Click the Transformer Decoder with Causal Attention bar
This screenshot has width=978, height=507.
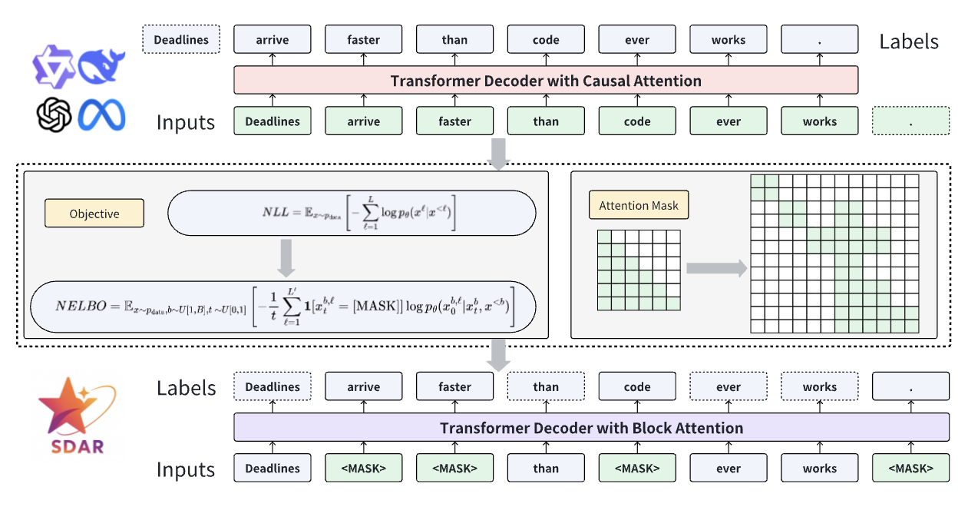tap(545, 81)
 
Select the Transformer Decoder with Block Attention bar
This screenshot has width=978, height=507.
tap(591, 428)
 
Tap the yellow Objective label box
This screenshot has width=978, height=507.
tap(94, 214)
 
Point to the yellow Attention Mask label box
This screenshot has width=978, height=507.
tap(639, 206)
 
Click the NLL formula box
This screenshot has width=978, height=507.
tap(352, 213)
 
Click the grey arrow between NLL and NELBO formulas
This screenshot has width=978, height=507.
tap(286, 257)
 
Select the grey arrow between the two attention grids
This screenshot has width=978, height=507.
tap(715, 268)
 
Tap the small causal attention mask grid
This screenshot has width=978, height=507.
tap(639, 270)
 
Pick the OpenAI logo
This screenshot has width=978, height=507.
tap(55, 116)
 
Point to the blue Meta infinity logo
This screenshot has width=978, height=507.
tap(101, 117)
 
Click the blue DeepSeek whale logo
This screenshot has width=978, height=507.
tap(102, 66)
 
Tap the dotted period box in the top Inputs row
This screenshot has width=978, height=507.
tap(910, 121)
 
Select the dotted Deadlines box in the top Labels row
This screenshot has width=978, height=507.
tap(181, 39)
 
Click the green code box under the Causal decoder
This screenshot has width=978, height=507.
tap(637, 121)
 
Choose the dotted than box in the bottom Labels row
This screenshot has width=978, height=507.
tap(546, 387)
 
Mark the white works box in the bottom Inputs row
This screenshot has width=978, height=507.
tap(819, 468)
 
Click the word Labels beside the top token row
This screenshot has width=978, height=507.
tap(909, 41)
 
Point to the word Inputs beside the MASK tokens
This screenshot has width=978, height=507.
tap(186, 469)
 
